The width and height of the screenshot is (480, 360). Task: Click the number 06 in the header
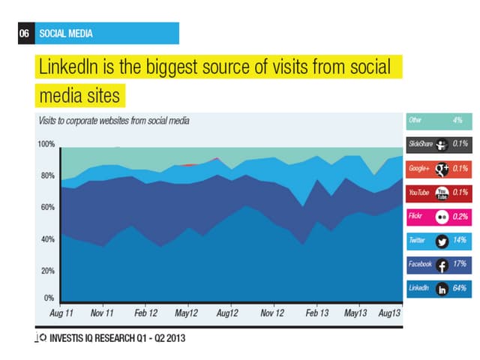(25, 33)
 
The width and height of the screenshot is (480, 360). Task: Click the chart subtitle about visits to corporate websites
(113, 120)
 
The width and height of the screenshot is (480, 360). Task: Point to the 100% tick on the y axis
(46, 144)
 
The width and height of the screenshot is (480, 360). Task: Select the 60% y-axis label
(46, 207)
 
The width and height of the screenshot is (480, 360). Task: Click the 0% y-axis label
(49, 298)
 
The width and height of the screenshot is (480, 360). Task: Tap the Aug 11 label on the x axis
(61, 311)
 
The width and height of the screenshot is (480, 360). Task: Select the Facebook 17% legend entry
(438, 264)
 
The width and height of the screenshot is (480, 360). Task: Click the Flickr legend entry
(438, 216)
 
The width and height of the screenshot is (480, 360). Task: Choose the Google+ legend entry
(438, 168)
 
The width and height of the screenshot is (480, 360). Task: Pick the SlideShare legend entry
(438, 144)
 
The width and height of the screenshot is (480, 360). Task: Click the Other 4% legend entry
(438, 120)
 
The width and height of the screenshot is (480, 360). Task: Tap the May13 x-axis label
(355, 311)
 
